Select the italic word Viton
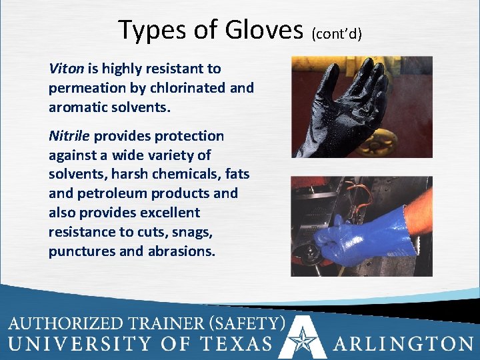click(x=65, y=69)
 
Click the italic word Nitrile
click(x=69, y=136)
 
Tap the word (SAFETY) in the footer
click(x=248, y=324)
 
